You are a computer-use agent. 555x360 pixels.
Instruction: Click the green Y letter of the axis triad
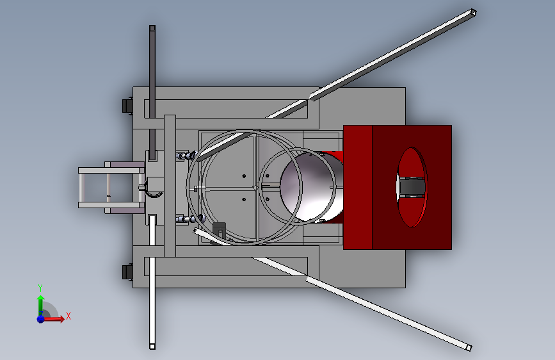pos(40,288)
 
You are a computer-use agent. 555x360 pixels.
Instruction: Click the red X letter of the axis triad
pos(68,316)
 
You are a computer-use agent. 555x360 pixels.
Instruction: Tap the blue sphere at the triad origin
pos(41,319)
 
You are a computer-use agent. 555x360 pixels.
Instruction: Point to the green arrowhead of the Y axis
pos(41,299)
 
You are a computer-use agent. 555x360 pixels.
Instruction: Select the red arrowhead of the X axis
pos(61,318)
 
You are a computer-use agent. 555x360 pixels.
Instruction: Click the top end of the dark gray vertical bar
pos(152,28)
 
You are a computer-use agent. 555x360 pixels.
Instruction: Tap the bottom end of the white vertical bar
pos(152,346)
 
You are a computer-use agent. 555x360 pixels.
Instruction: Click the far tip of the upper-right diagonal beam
pos(472,13)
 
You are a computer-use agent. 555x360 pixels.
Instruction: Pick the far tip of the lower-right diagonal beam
pos(469,348)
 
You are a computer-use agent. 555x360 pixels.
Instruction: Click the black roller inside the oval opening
pos(412,187)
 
